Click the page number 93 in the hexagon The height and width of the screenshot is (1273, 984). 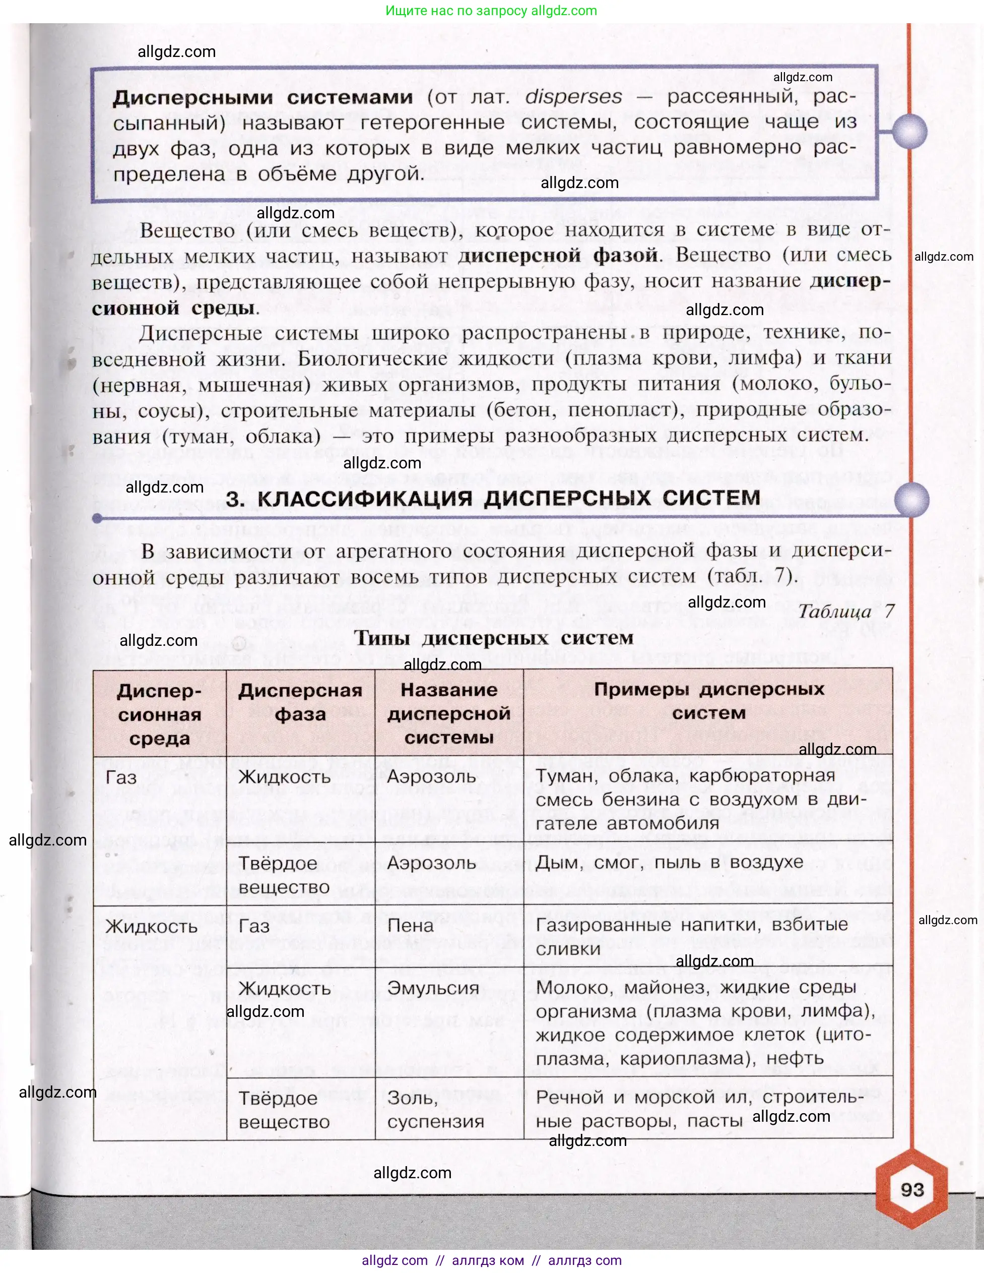click(x=912, y=1190)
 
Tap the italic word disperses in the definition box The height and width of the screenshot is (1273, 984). click(x=573, y=97)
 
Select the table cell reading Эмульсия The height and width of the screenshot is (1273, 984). click(x=433, y=988)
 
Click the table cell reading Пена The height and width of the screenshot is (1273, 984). click(x=410, y=926)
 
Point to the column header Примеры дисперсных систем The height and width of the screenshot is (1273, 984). click(x=708, y=701)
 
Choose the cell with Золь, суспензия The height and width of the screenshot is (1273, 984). click(x=435, y=1109)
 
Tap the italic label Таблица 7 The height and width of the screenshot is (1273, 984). click(x=845, y=611)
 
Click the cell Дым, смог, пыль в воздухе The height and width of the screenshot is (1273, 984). click(x=669, y=862)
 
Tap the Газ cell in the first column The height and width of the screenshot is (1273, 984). click(x=121, y=777)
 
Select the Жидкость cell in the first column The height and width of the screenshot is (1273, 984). click(x=152, y=927)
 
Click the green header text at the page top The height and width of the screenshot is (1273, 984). click(x=491, y=11)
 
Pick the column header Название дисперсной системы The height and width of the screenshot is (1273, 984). click(x=448, y=713)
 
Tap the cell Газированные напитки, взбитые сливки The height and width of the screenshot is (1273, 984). click(x=692, y=937)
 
